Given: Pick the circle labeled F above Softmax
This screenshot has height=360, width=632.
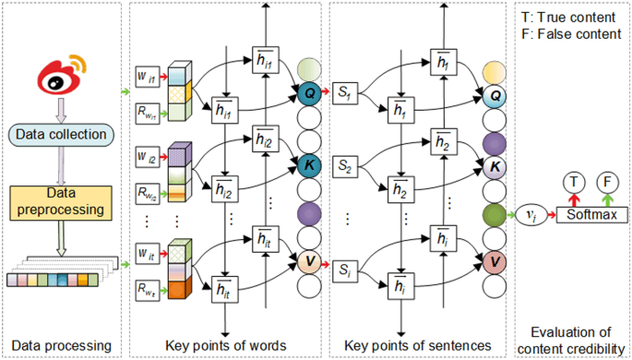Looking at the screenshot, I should pos(608,182).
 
